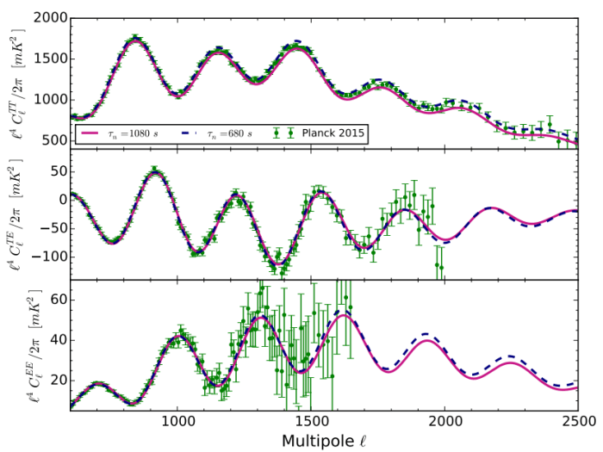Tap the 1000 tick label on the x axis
click(178, 422)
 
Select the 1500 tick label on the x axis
click(312, 422)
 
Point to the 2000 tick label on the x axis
click(445, 422)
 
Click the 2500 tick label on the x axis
click(578, 422)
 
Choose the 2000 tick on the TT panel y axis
click(47, 18)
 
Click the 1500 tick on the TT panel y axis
click(47, 59)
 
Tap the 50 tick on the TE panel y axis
click(57, 171)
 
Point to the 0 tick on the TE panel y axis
click(60, 200)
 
